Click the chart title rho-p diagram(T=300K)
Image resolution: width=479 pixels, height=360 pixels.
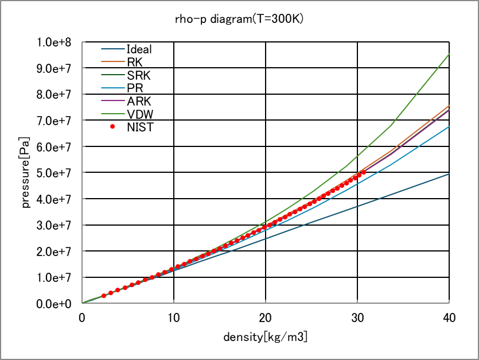pyautogui.click(x=239, y=19)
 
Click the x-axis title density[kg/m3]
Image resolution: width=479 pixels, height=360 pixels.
pyautogui.click(x=265, y=337)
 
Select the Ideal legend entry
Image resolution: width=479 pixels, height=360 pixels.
pyautogui.click(x=139, y=49)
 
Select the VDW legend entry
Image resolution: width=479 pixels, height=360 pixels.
pyautogui.click(x=139, y=115)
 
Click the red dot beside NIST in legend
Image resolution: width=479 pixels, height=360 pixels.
pyautogui.click(x=113, y=127)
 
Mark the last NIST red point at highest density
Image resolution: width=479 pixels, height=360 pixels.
pyautogui.click(x=364, y=172)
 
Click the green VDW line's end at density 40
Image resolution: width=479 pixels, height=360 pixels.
pyautogui.click(x=449, y=55)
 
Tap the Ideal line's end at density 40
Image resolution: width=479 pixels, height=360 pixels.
pyautogui.click(x=449, y=174)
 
